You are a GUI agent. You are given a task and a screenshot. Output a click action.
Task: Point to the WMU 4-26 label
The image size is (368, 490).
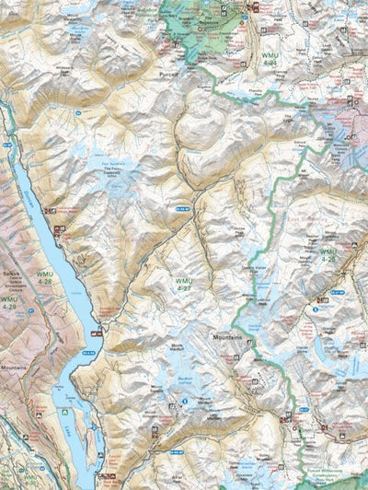(x=328, y=254)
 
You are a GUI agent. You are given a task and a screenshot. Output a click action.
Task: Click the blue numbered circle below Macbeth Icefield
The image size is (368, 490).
(x=185, y=401)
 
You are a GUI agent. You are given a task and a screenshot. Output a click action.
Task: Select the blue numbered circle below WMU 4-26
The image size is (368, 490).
(x=315, y=309)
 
